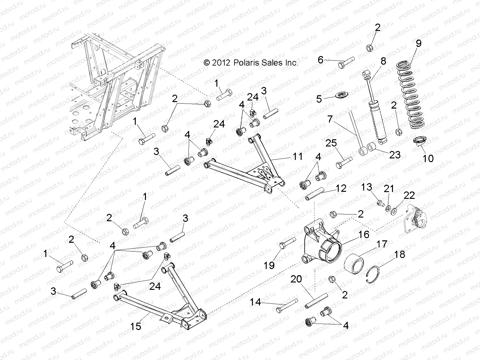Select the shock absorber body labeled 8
point(377,119)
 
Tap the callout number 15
point(135,326)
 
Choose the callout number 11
point(297,157)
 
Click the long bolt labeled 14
point(286,305)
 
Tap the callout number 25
point(331,143)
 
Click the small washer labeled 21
point(388,209)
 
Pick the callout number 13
point(366,187)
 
